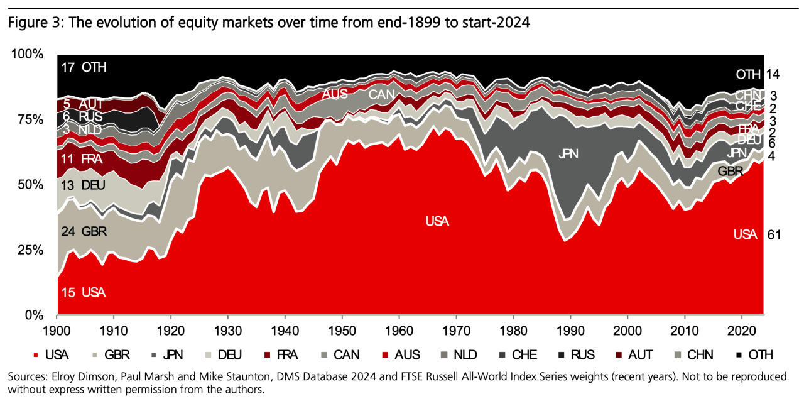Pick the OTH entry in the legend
(753, 355)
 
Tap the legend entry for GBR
(111, 355)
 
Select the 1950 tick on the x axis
(342, 330)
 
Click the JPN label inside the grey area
(569, 153)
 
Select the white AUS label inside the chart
(334, 94)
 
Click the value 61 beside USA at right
(773, 234)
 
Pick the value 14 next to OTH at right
(773, 74)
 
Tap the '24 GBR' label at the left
(84, 231)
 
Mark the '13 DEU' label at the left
(83, 185)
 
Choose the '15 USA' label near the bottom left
(84, 292)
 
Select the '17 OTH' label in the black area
(84, 67)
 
